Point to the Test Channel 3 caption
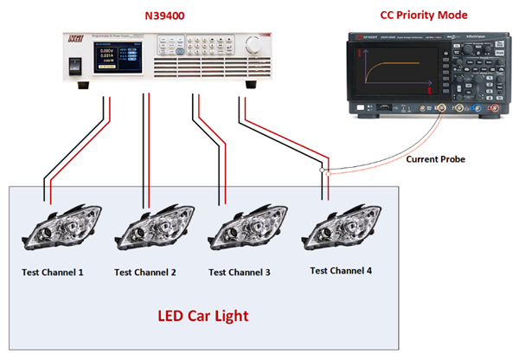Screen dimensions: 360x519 tap(240, 272)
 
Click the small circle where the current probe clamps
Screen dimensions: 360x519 tap(322, 172)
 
